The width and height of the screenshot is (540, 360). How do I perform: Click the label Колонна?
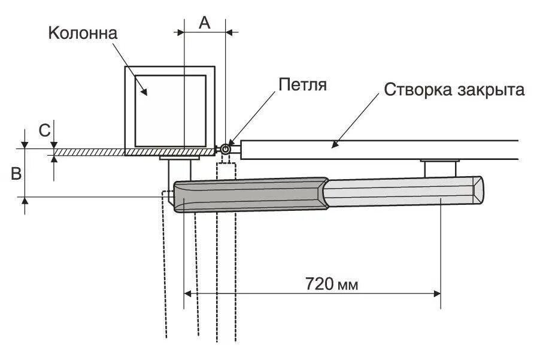[83, 32]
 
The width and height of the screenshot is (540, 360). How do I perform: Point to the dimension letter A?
[204, 22]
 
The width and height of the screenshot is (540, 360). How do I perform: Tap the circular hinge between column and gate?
[226, 149]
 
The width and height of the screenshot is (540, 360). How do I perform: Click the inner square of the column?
[171, 111]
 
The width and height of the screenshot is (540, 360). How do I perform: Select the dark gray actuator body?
[251, 195]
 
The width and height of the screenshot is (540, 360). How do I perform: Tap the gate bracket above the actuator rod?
[440, 167]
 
